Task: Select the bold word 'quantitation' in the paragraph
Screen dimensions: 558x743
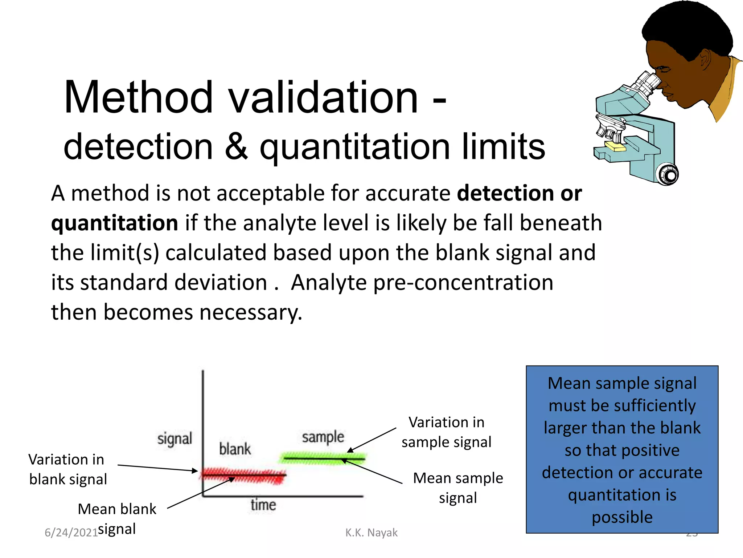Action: [114, 223]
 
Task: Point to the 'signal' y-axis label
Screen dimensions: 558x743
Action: [175, 439]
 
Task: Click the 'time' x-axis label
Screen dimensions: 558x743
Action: [263, 505]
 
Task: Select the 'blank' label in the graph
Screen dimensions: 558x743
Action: [235, 449]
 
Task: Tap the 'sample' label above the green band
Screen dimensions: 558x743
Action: [323, 437]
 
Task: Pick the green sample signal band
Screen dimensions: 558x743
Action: [323, 458]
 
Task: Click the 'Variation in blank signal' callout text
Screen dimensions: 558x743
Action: [67, 469]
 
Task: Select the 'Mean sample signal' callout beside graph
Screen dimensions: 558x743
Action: [458, 488]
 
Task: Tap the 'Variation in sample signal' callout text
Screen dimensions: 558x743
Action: [446, 432]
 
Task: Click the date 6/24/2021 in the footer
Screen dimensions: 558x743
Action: [71, 533]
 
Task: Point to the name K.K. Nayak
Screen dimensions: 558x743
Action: [371, 533]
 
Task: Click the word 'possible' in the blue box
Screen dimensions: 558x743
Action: [622, 517]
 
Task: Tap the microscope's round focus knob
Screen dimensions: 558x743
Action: [669, 175]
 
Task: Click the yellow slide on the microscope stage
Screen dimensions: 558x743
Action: [616, 147]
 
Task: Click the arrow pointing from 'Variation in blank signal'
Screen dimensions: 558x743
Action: [158, 468]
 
